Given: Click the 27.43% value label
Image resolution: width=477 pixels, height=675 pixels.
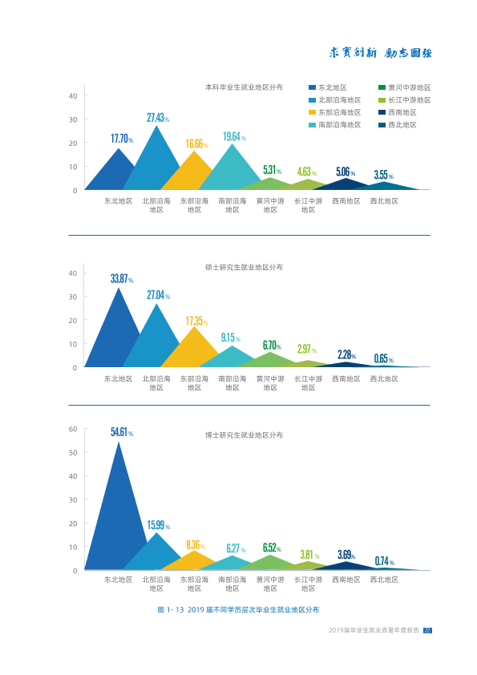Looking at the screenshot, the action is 158,118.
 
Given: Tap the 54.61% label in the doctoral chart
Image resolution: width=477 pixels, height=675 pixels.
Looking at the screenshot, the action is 122,432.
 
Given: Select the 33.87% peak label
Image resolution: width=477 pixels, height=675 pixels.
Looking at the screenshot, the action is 122,278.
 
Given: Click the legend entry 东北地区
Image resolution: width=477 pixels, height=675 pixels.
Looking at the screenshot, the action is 328,87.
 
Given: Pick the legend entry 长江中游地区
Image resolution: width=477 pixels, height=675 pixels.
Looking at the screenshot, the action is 405,100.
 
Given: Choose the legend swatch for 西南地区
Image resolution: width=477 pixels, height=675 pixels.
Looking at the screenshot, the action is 382,112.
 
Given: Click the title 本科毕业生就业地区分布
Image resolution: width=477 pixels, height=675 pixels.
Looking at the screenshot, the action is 244,87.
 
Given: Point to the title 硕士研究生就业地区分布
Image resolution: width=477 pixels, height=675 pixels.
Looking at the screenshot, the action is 244,267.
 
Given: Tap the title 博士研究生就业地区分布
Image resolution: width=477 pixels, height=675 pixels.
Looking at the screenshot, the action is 244,435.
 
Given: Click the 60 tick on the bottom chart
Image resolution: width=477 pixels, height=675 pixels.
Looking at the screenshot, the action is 73,429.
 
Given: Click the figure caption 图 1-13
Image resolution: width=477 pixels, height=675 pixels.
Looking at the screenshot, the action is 238,609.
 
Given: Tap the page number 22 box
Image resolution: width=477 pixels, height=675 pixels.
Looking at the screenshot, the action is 427,630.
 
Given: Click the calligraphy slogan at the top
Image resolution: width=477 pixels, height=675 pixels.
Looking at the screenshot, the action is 381,53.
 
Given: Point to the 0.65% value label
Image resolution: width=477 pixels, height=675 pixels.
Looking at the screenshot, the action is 383,358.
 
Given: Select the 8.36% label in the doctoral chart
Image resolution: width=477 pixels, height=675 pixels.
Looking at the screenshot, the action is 196,545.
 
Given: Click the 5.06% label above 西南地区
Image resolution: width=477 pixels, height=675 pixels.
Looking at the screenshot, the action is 346,172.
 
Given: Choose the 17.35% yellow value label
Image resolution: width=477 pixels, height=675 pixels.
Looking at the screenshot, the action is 196,321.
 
